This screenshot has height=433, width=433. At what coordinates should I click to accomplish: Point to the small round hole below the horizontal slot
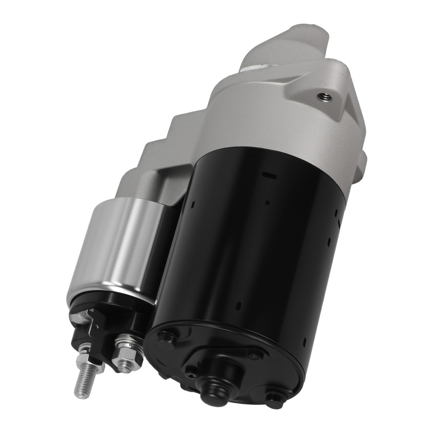click(268, 202)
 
